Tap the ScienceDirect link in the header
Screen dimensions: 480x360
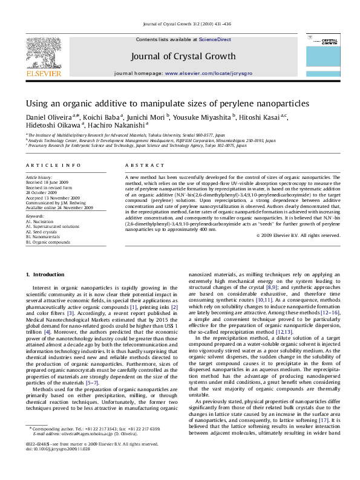pyautogui.click(x=216, y=39)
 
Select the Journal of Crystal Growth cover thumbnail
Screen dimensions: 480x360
pyautogui.click(x=329, y=57)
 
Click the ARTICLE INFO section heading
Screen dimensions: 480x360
pyautogui.click(x=53, y=165)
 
